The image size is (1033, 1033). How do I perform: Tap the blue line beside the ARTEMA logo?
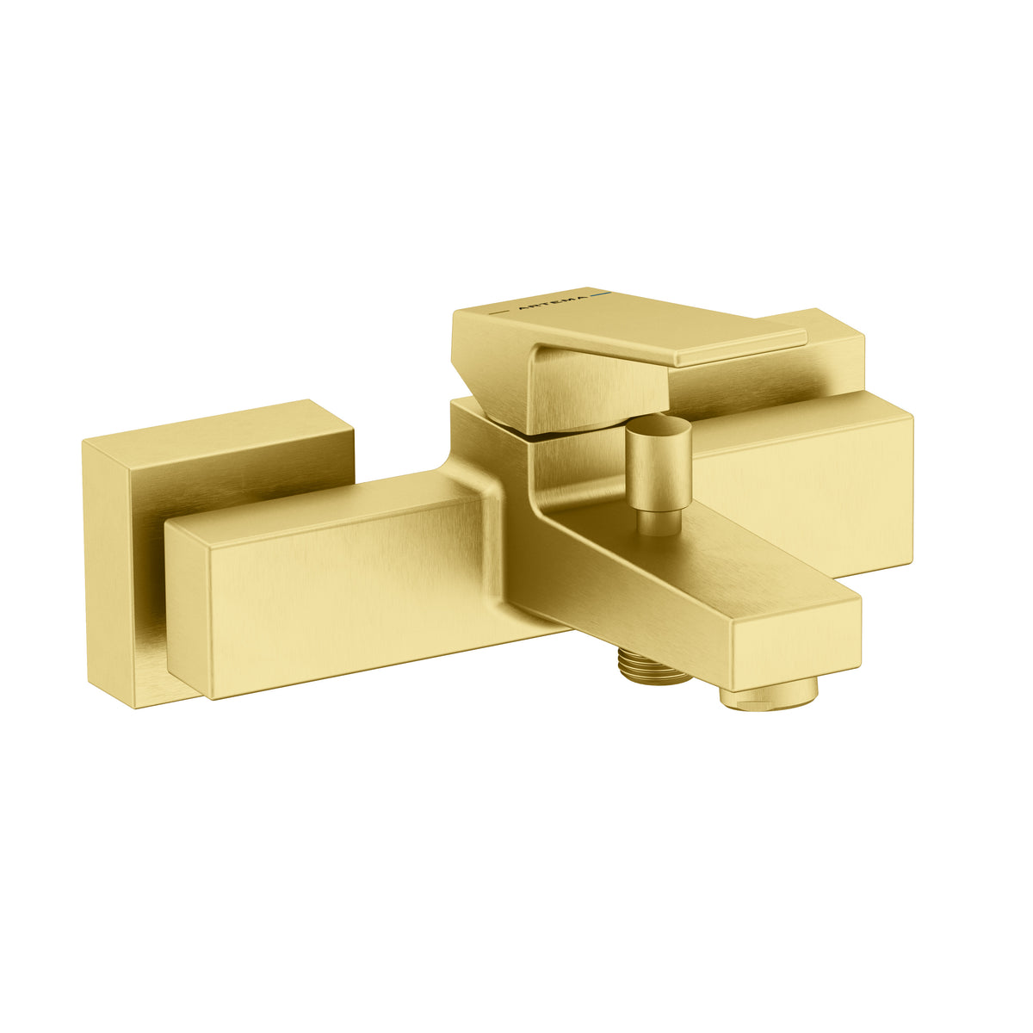[x=600, y=295]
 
